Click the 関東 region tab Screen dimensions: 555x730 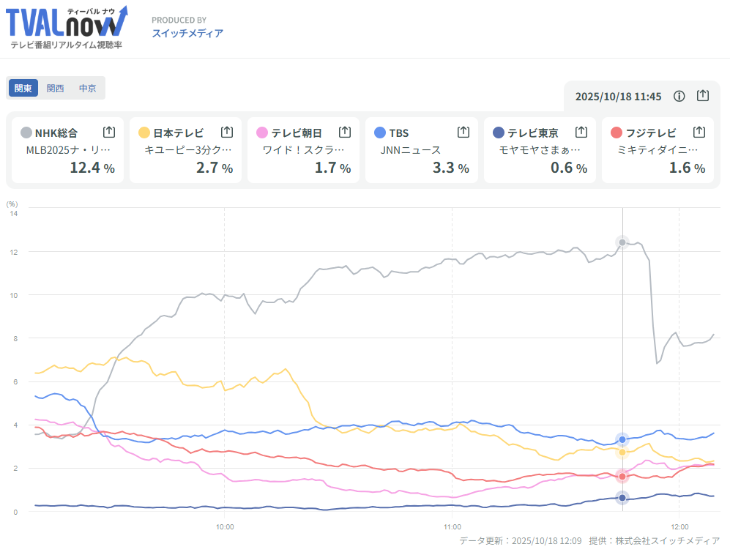click(23, 88)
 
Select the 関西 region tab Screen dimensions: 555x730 click(56, 88)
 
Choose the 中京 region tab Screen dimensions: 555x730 click(88, 88)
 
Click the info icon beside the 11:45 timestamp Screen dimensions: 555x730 click(679, 96)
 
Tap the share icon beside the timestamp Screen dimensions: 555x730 click(703, 96)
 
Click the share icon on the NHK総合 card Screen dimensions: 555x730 click(109, 133)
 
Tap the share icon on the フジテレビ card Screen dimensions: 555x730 click(699, 133)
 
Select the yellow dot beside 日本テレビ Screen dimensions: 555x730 click(144, 133)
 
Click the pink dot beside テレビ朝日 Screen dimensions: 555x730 click(262, 133)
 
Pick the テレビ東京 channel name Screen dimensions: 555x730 click(532, 133)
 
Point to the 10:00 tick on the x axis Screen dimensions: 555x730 click(225, 526)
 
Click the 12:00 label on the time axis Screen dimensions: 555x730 click(680, 526)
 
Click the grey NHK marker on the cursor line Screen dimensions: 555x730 click(622, 242)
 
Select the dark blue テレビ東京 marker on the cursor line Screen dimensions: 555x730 click(622, 498)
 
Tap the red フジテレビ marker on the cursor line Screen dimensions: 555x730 click(622, 477)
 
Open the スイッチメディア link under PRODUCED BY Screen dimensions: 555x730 click(187, 33)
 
